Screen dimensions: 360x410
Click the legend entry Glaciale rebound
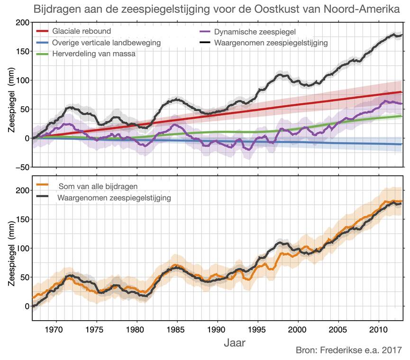pyautogui.click(x=82, y=31)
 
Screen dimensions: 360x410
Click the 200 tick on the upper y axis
pyautogui.click(x=22, y=23)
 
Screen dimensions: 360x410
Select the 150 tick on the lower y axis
pyautogui.click(x=22, y=219)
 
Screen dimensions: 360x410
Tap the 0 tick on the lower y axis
pyautogui.click(x=26, y=306)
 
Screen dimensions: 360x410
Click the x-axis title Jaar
pyautogui.click(x=234, y=342)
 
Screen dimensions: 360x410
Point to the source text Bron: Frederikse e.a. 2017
pyautogui.click(x=348, y=351)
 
